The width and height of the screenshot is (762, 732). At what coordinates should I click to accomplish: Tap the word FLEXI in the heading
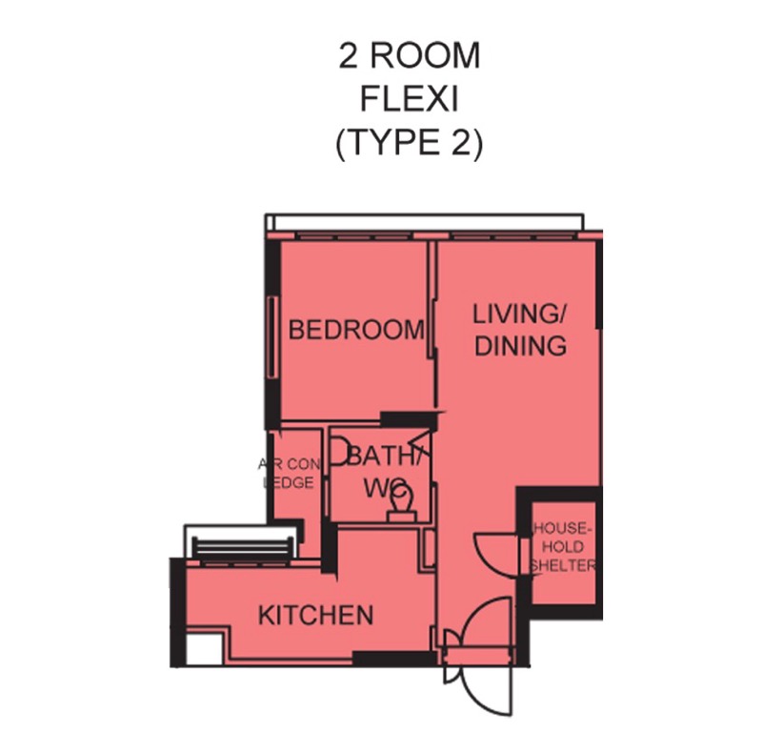[x=410, y=99]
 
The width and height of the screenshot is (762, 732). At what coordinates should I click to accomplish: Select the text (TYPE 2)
[x=410, y=143]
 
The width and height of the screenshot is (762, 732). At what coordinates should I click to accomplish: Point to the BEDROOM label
[x=356, y=329]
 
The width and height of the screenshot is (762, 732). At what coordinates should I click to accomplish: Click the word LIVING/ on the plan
[x=519, y=314]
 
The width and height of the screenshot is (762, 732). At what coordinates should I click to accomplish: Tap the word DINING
[x=520, y=346]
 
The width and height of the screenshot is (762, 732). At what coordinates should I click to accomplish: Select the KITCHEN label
[x=316, y=616]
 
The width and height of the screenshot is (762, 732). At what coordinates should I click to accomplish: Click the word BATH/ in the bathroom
[x=384, y=456]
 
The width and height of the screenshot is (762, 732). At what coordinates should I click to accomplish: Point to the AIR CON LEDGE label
[x=289, y=474]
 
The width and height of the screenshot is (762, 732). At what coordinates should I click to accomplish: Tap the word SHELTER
[x=563, y=565]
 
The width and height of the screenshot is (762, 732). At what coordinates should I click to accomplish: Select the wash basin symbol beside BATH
[x=338, y=453]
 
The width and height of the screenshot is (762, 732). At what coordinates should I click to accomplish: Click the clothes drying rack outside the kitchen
[x=244, y=550]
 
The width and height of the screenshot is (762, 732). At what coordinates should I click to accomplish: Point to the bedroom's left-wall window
[x=272, y=337]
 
